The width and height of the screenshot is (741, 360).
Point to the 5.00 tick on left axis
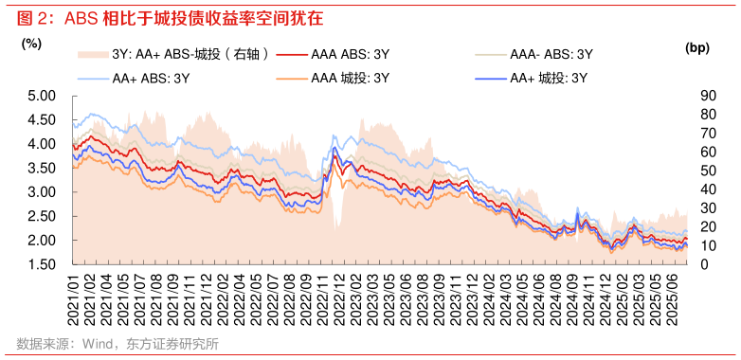coord(43,96)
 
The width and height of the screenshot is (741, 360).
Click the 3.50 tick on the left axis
coord(43,168)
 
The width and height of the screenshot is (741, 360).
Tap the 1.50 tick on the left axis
coord(43,264)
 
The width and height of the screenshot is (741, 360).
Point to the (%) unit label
coord(31,43)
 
